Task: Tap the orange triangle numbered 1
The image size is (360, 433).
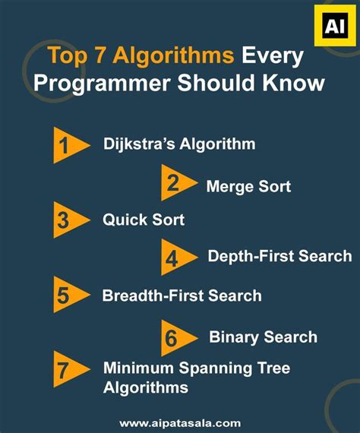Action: (67, 145)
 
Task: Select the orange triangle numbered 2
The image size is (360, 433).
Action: (175, 183)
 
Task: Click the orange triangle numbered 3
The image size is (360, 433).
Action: (66, 220)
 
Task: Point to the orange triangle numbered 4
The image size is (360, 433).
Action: (175, 258)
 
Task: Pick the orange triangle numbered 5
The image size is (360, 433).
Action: (66, 296)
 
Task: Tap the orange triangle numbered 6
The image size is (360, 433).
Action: (175, 337)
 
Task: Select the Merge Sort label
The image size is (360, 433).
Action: (248, 185)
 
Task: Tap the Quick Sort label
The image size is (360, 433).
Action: (144, 220)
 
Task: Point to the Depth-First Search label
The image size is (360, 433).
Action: (279, 256)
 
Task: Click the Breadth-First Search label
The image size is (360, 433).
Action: (182, 296)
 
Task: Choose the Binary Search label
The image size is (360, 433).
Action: (263, 337)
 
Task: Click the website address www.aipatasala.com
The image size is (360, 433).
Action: (179, 422)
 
